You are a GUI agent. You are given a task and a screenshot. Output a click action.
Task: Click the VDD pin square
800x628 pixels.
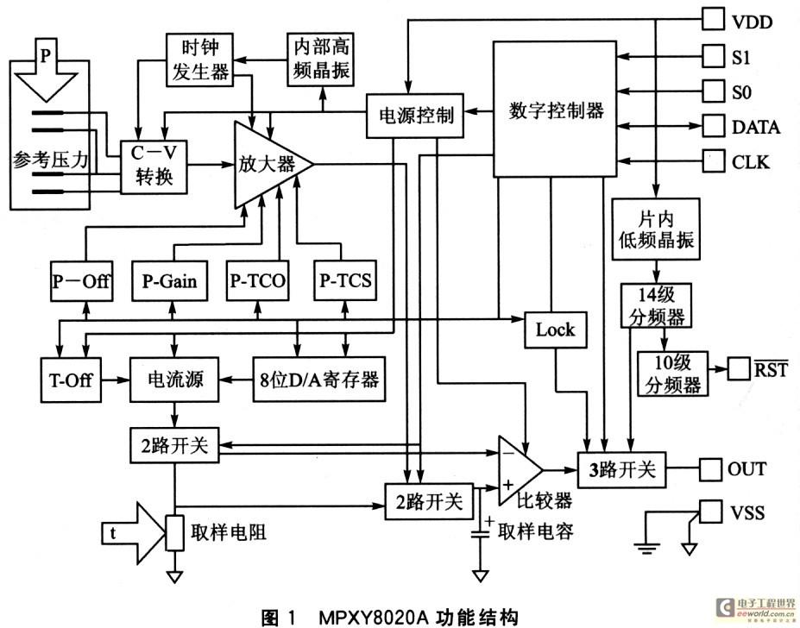point(713,19)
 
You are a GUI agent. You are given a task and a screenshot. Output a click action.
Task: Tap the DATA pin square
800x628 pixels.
point(713,125)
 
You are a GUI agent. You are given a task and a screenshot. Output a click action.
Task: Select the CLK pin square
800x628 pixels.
point(713,160)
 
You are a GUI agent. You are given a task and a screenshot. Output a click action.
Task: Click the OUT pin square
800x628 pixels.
point(709,469)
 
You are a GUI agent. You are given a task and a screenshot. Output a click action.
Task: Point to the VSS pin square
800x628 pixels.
point(710,512)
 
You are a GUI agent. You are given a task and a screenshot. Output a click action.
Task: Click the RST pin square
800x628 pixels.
point(739,369)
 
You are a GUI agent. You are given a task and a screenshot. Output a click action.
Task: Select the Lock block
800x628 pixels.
point(556,330)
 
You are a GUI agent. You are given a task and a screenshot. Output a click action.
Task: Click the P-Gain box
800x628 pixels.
point(169,280)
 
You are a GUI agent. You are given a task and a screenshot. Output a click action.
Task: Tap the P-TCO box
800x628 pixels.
point(258,280)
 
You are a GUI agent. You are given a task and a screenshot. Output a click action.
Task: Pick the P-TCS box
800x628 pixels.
point(345,280)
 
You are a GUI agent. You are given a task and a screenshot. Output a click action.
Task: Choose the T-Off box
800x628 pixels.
point(71,380)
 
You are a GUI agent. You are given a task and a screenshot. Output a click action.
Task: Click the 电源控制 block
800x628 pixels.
point(415,116)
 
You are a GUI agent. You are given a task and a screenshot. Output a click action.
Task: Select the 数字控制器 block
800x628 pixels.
point(555,110)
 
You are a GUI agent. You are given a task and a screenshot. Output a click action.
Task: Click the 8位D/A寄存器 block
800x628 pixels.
point(318,380)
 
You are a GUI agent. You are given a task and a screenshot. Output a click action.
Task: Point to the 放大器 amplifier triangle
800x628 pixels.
point(274,165)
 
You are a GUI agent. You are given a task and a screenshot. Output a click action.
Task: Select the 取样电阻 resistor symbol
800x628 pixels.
point(175,533)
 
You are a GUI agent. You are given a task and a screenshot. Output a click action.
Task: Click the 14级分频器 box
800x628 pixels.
point(656,305)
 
